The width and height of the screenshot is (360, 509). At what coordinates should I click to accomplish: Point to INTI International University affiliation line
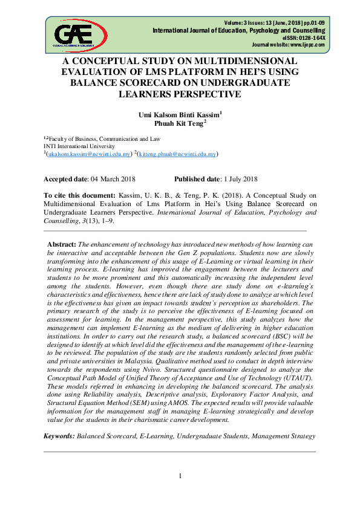79,146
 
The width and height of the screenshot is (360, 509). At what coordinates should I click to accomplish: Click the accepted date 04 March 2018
112,179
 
